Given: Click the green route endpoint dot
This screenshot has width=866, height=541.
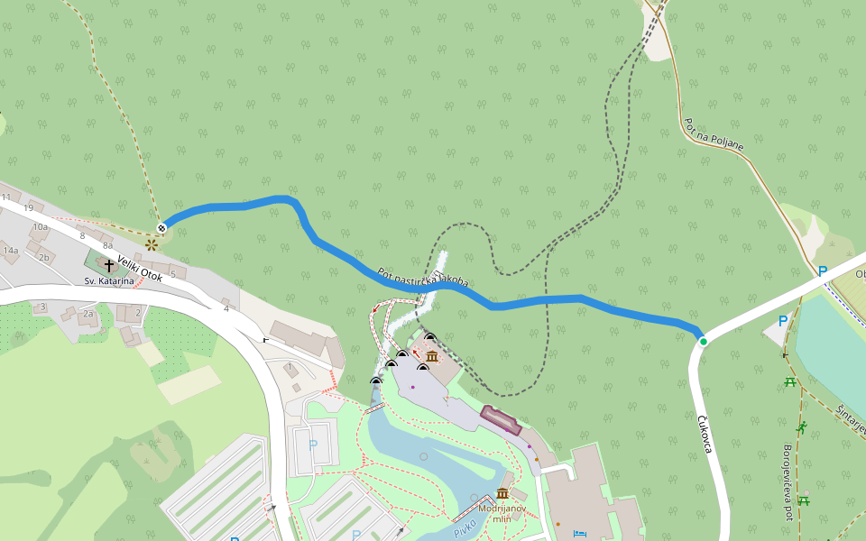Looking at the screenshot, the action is coord(704,342).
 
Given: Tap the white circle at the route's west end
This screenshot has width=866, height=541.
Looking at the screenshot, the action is coord(161,227).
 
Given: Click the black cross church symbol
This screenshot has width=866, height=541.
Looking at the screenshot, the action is coord(109,266).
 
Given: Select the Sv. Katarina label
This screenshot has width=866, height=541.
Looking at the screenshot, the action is coord(109,281).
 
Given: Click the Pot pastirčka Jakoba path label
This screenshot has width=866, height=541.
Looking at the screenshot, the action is coord(424,279).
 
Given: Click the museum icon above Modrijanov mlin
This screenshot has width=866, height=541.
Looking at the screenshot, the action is coord(502,494).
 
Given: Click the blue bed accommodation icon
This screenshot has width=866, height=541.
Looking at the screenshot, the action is coord(579,534).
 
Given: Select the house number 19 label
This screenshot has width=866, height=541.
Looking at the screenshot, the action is coord(28,208).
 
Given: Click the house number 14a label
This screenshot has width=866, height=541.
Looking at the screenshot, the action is coord(10,250).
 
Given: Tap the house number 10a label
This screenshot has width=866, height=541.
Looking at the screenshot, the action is coord(40,227).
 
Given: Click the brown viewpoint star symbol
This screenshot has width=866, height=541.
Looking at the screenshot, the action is coord(152,243).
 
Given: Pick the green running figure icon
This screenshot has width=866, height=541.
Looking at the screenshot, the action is coord(801,426).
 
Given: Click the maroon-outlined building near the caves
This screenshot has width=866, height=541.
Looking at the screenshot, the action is coord(502,420).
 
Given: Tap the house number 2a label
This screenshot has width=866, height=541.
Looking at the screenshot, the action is coord(88,314).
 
